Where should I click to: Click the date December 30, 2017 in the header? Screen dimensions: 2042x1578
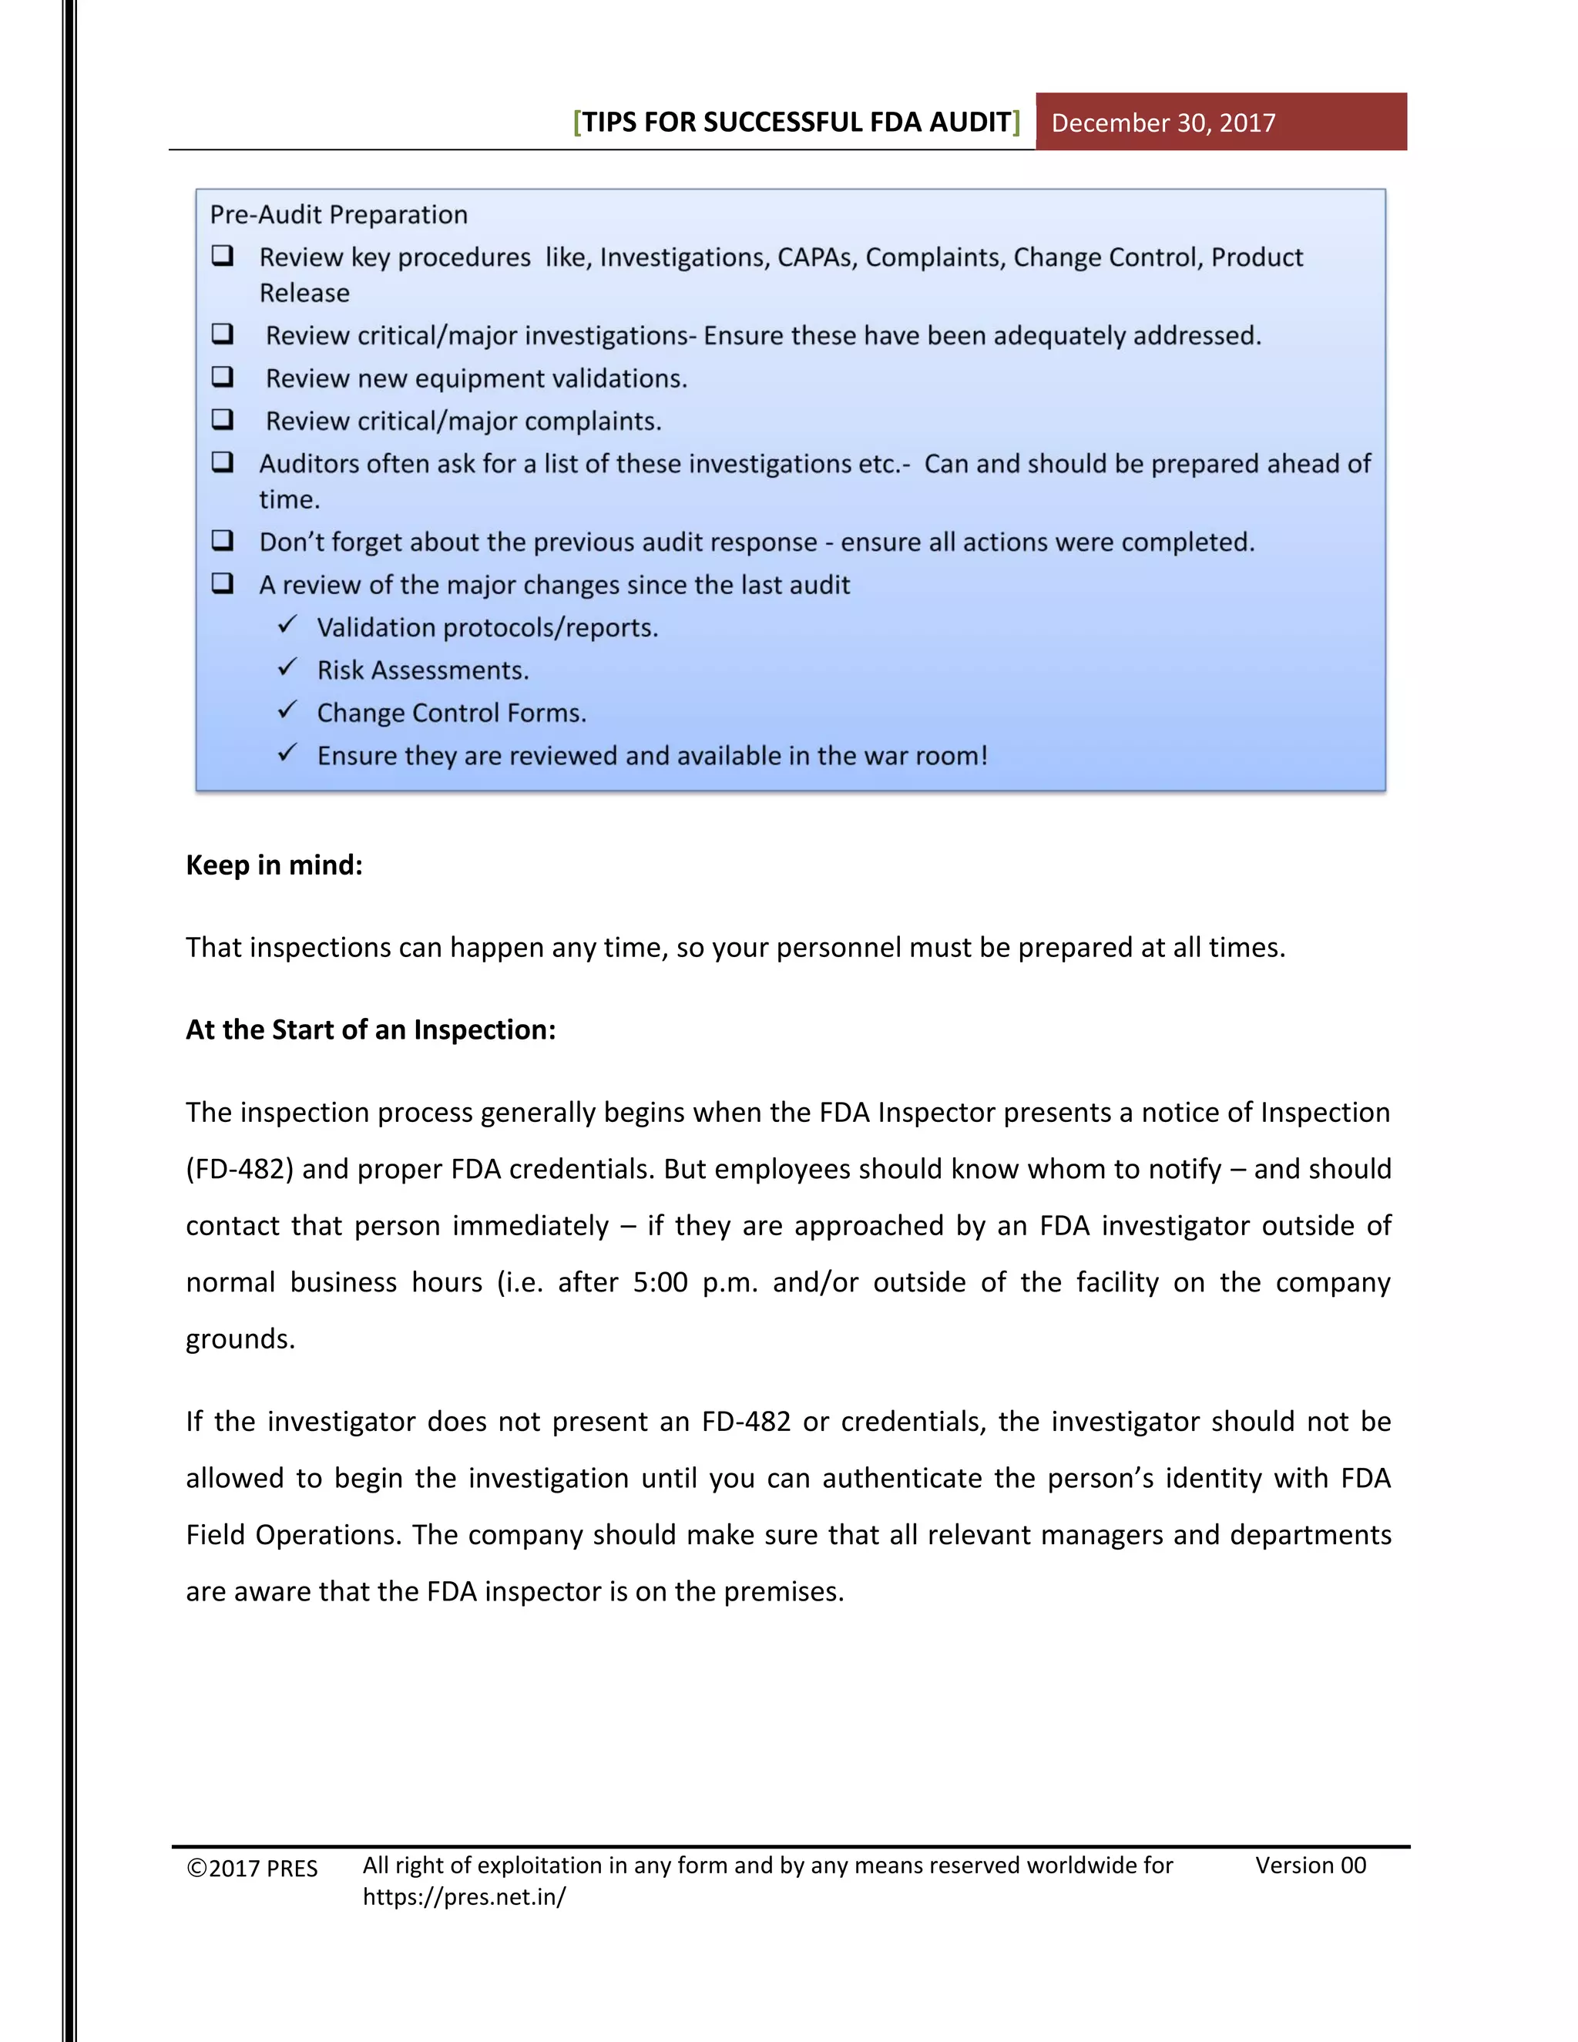tap(1162, 123)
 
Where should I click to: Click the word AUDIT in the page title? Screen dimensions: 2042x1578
tap(969, 123)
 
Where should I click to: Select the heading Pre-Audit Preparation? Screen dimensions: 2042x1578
tap(338, 214)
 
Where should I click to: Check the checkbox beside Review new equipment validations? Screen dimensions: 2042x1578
tap(223, 376)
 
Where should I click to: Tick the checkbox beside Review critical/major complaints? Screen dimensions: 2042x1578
tap(223, 419)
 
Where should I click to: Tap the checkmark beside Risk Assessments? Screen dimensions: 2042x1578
tap(288, 667)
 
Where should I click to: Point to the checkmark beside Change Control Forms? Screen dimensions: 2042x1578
tap(288, 710)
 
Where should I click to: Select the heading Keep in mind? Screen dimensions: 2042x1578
tap(274, 865)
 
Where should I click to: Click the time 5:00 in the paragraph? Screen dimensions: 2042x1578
tap(660, 1282)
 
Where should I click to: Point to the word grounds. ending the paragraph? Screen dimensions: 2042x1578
tap(240, 1339)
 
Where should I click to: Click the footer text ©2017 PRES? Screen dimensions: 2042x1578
tap(253, 1868)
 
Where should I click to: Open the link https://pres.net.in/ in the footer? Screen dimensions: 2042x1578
tap(464, 1897)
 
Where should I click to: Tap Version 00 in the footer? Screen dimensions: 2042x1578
tap(1310, 1866)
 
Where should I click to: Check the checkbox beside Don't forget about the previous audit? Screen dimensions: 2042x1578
tap(223, 539)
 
